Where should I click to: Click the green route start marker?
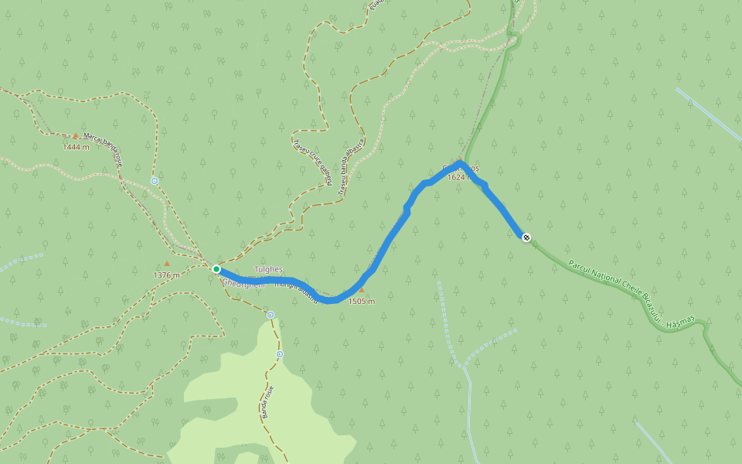(216, 269)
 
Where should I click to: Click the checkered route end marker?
(526, 237)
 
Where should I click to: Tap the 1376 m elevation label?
(166, 275)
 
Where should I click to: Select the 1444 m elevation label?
(76, 147)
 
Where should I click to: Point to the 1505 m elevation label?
(361, 302)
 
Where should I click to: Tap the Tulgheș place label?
(269, 270)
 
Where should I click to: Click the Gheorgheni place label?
(243, 285)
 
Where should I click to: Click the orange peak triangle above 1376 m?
(166, 264)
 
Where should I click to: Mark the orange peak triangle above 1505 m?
(361, 291)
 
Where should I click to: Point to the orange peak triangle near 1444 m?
(76, 135)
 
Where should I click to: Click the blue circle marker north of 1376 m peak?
(155, 181)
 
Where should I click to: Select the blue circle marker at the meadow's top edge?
(271, 315)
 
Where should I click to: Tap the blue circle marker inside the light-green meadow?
(279, 354)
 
